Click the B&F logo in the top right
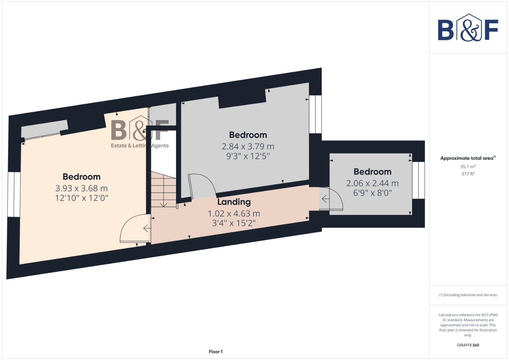(468, 28)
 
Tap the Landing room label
(234, 202)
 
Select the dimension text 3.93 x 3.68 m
(81, 188)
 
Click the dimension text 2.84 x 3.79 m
(248, 146)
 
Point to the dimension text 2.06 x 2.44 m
(372, 183)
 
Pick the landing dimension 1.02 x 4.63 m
(234, 213)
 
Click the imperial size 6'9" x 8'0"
(372, 193)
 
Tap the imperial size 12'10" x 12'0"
(81, 198)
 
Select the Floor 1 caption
(216, 352)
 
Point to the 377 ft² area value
(468, 174)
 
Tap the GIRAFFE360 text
(468, 345)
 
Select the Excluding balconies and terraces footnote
(468, 295)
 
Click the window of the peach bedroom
(14, 194)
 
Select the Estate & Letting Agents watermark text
(140, 146)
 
